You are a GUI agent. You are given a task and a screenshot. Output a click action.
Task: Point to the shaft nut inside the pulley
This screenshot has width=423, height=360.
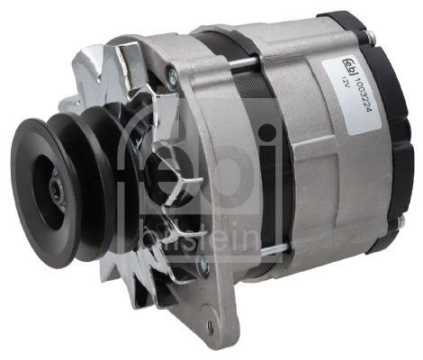coord(57,191)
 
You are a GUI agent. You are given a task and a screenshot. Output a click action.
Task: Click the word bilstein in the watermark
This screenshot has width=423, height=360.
coord(200,239)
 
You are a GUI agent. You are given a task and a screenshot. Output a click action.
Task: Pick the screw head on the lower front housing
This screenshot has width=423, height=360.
coord(204,266)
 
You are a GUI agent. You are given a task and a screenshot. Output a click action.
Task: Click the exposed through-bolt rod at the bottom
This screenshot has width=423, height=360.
coord(274,250)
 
